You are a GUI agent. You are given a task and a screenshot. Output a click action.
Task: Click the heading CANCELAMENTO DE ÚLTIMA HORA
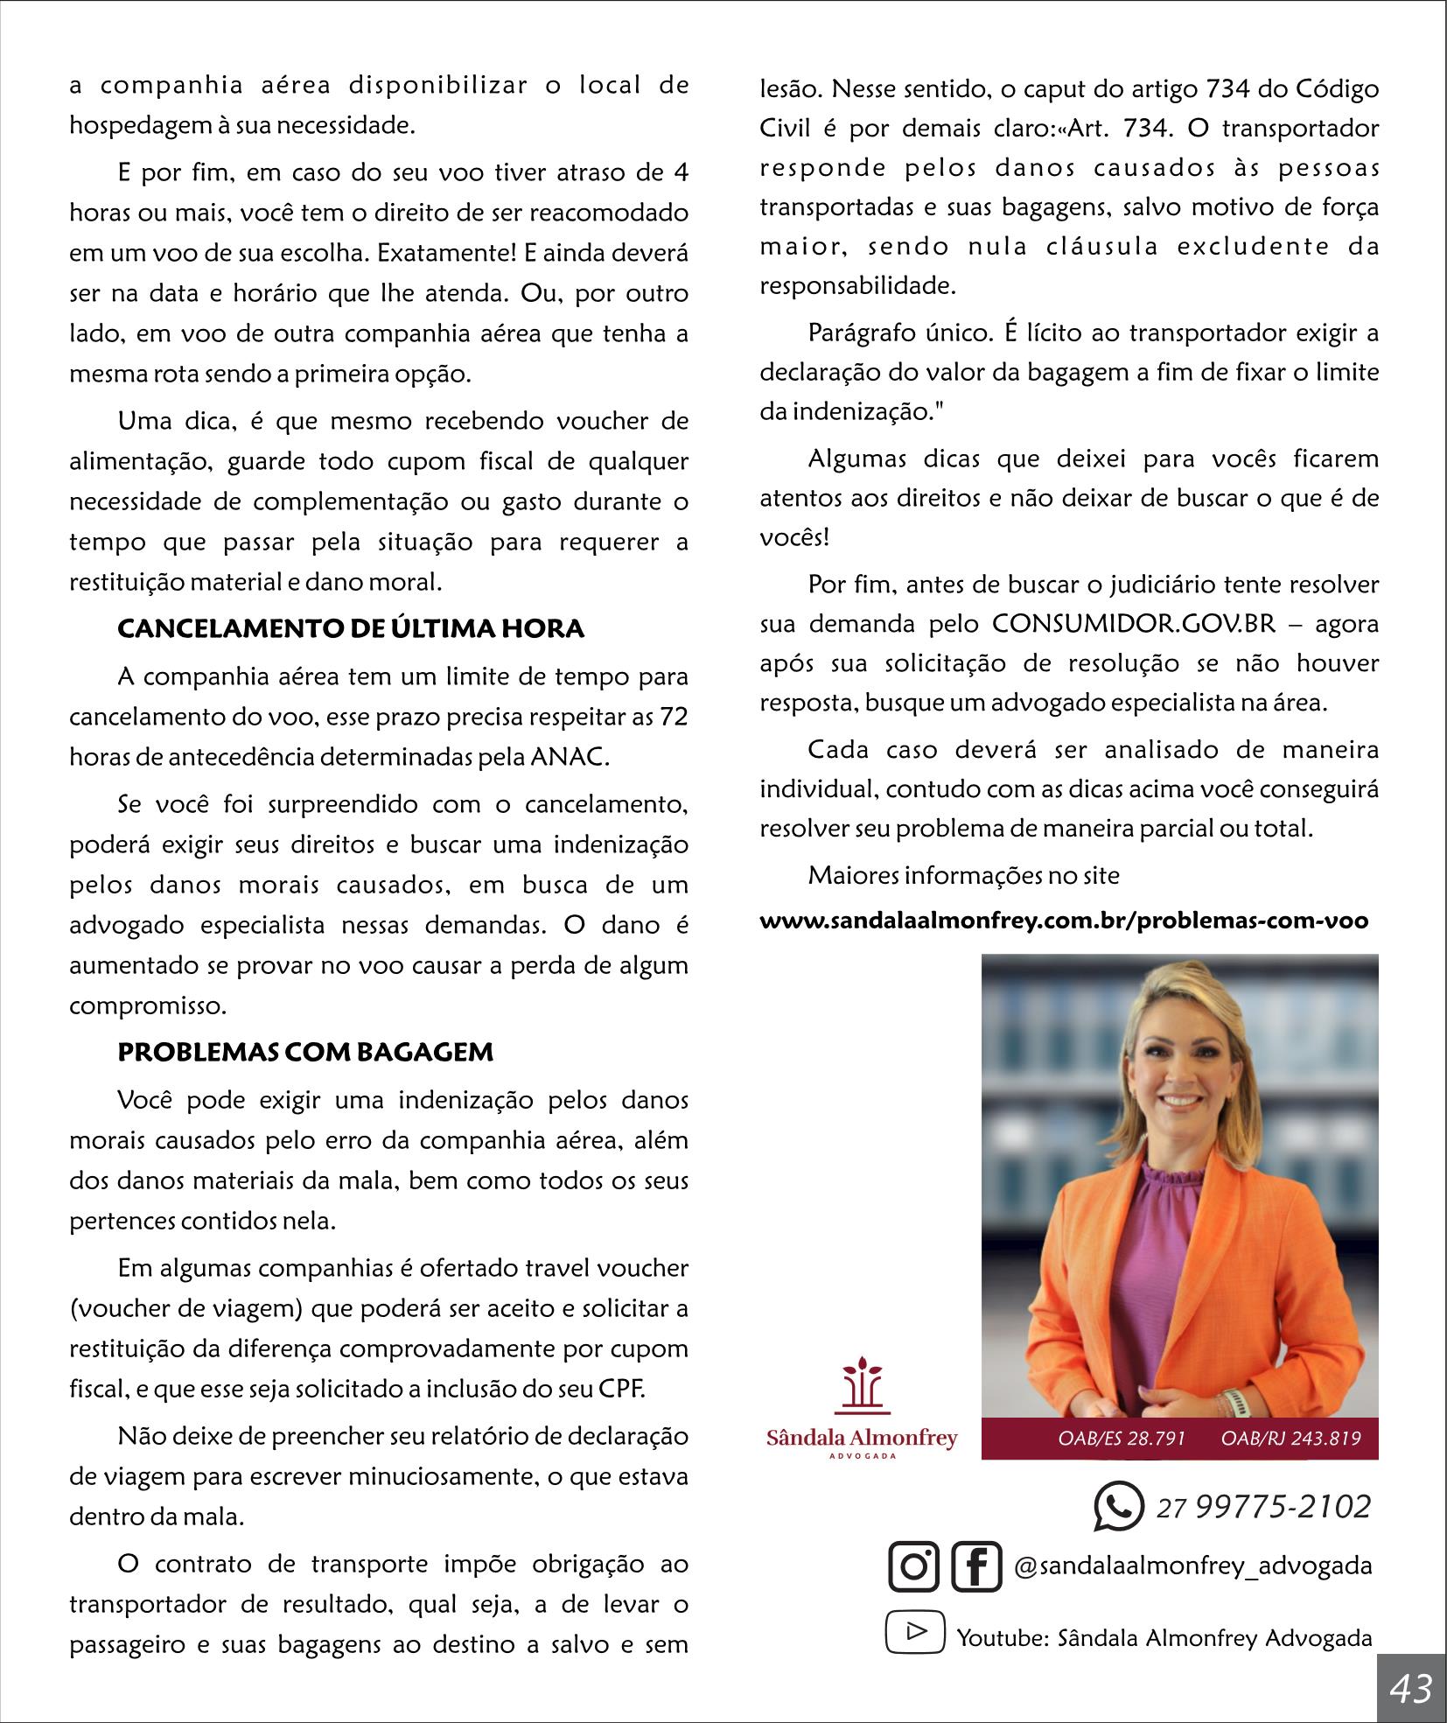point(351,629)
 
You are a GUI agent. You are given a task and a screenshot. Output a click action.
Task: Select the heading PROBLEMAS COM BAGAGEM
point(305,1052)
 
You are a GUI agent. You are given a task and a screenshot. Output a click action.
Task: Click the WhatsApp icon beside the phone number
point(1118,1506)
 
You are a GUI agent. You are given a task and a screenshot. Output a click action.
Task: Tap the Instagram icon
point(913,1565)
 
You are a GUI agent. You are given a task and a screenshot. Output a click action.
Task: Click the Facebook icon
point(975,1565)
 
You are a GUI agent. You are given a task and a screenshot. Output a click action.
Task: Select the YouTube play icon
point(915,1632)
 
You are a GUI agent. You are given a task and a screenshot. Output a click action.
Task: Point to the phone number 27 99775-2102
point(1263,1506)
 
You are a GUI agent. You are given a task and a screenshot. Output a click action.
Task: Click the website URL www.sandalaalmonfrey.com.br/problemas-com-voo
point(1064,921)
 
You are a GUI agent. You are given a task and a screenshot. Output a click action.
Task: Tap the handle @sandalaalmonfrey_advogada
point(1192,1565)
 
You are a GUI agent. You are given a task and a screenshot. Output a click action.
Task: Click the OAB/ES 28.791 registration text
point(1122,1438)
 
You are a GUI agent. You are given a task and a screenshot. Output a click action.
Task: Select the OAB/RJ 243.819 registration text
point(1291,1438)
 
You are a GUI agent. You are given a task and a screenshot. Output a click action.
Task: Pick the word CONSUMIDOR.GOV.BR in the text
point(1134,624)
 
